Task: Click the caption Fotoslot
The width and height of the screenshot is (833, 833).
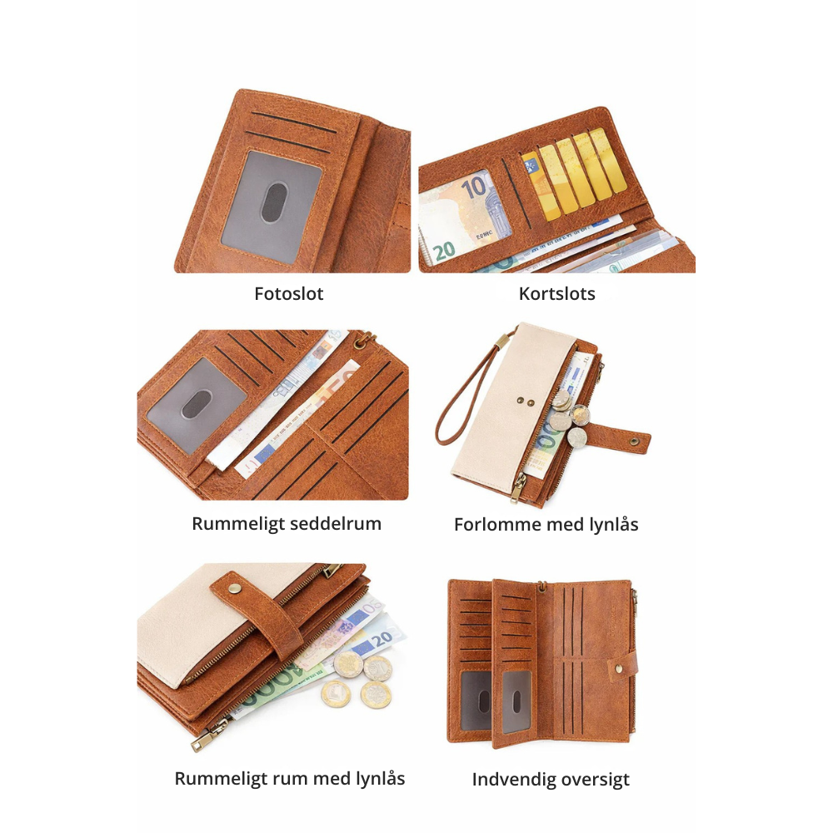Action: coord(288,294)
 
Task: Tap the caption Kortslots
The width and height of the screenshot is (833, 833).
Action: coord(556,294)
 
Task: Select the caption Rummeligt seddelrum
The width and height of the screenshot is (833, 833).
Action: coord(287,524)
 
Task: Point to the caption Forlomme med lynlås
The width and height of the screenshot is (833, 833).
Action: coord(546,524)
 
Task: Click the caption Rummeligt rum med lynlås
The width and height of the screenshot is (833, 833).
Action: coord(290,779)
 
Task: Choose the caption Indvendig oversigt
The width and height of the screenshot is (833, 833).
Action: coord(551,780)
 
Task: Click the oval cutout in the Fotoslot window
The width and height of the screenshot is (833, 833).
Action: coord(274,202)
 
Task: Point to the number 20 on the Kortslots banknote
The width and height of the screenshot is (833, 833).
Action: coord(444,250)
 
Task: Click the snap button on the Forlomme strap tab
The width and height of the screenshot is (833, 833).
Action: coord(634,441)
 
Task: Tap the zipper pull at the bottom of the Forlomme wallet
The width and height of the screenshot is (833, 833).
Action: coord(517,488)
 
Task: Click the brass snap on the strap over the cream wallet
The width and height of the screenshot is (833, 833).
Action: coord(234,587)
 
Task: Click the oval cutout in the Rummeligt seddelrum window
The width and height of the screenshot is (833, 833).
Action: coord(197,404)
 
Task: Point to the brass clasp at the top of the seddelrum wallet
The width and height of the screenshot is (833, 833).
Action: coord(365,340)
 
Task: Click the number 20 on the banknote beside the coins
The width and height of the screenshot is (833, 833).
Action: coord(382,640)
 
